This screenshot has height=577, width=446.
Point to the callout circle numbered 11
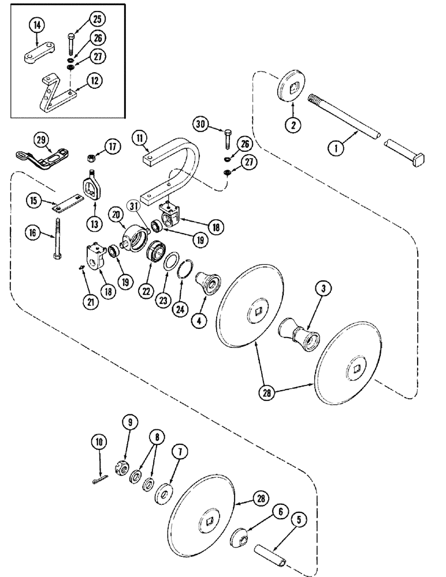click(x=138, y=137)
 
